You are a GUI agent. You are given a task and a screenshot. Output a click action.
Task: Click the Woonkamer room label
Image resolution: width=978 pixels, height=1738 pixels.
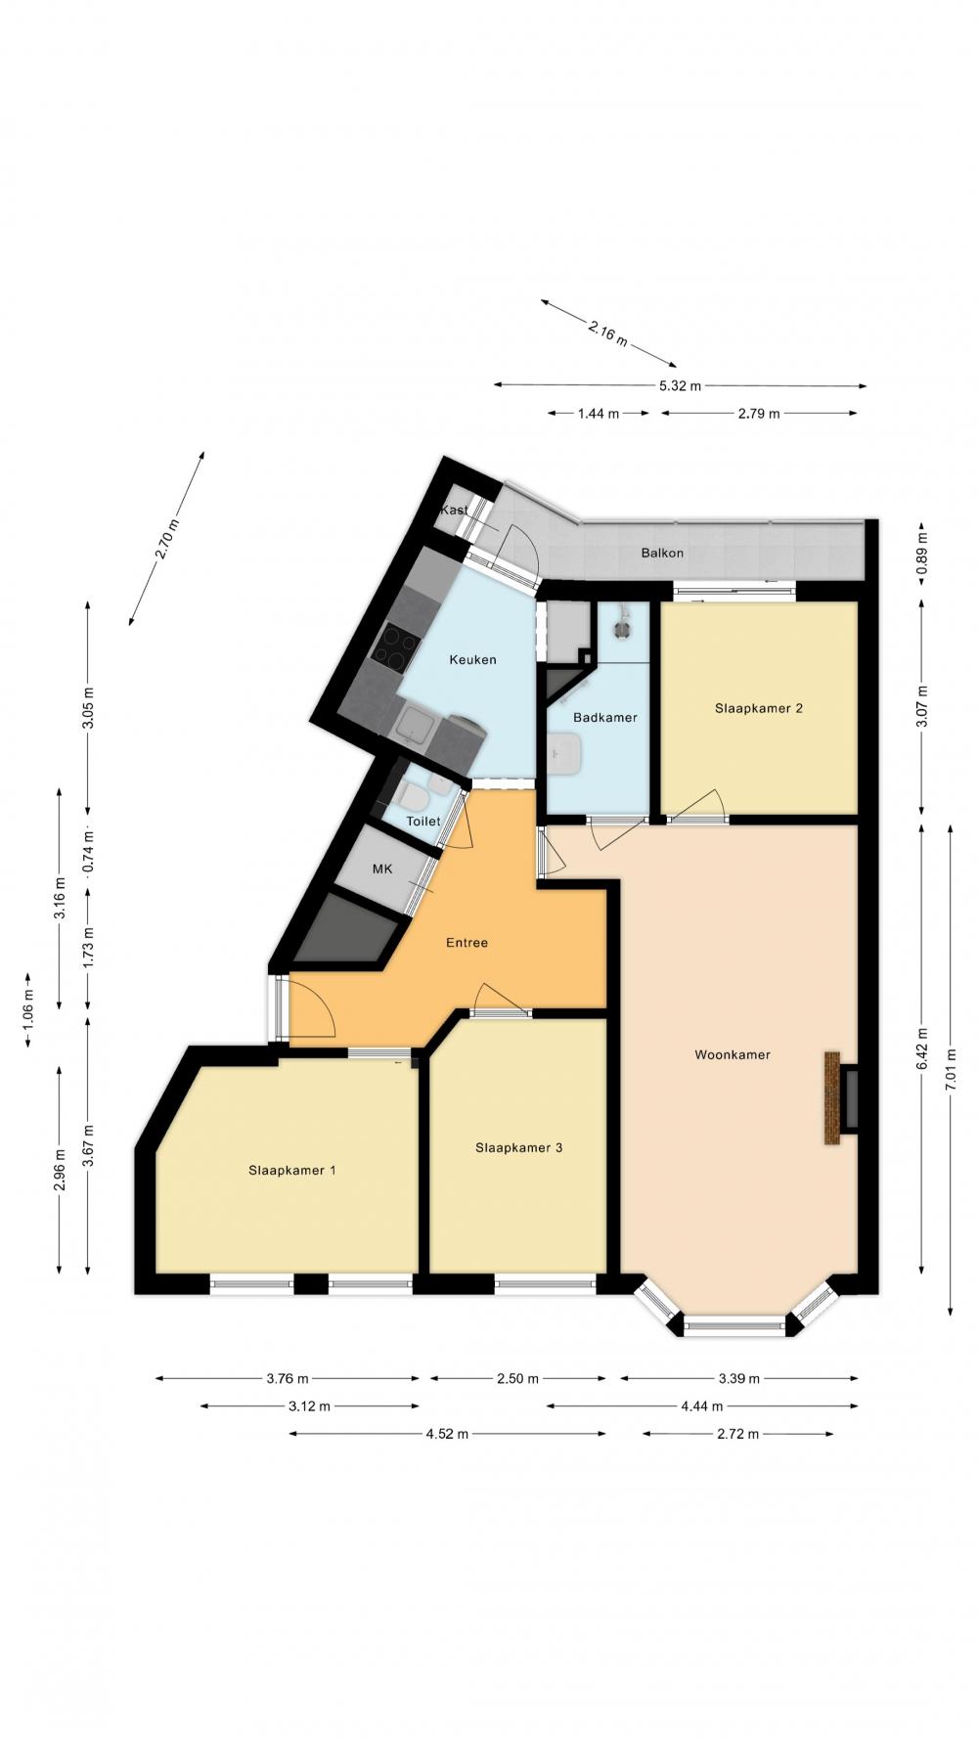[x=733, y=1054]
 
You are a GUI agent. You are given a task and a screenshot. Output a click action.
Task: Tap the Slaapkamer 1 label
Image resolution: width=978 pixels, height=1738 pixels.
[x=292, y=1170]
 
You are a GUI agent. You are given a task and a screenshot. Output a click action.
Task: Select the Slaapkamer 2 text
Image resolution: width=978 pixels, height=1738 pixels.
[x=759, y=708]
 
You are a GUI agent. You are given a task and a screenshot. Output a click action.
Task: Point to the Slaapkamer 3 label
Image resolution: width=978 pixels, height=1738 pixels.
[x=518, y=1147]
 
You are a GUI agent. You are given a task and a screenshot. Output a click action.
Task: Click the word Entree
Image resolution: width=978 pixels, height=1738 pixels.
[x=467, y=943]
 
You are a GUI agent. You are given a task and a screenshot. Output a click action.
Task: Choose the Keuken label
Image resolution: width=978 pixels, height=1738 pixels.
[x=472, y=659]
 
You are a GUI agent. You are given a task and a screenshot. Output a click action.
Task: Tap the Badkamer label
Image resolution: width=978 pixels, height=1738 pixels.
[x=605, y=717]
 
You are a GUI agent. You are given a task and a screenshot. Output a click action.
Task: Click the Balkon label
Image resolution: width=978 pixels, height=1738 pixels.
[x=662, y=553]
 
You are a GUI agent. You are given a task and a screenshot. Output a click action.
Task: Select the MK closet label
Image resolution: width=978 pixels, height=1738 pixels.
[x=381, y=869]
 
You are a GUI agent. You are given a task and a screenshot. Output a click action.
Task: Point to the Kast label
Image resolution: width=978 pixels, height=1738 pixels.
[x=454, y=510]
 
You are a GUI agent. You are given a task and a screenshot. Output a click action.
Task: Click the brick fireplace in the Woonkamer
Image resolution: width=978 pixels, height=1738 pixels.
[x=832, y=1097]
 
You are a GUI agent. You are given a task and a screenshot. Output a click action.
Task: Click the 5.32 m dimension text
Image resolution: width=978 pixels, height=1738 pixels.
[x=680, y=385]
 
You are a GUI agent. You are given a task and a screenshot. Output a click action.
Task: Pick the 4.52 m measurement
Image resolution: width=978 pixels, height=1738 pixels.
[x=447, y=1434]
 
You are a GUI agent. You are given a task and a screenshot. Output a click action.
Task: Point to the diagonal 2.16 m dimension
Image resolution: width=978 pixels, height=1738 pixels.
[x=607, y=333]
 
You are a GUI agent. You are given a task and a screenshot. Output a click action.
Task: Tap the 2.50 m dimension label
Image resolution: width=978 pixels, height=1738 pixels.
[x=517, y=1379]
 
